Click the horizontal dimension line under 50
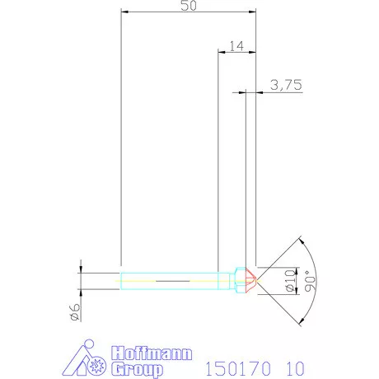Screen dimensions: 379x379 [x=188, y=12]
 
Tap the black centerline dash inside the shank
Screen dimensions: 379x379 [x=172, y=280]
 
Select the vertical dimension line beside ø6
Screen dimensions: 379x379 [x=81, y=280]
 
